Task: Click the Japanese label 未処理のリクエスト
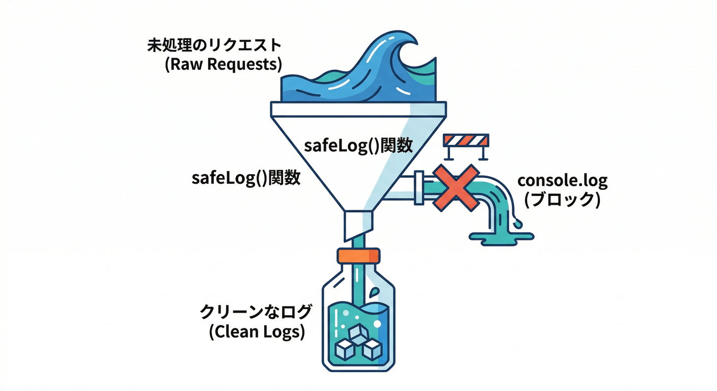click(214, 45)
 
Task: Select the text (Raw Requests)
click(224, 66)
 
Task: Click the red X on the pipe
click(456, 187)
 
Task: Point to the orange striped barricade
click(466, 140)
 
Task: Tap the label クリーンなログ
click(256, 311)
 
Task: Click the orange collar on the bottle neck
click(358, 255)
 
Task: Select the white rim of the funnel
click(358, 109)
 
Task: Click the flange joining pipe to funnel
click(419, 188)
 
